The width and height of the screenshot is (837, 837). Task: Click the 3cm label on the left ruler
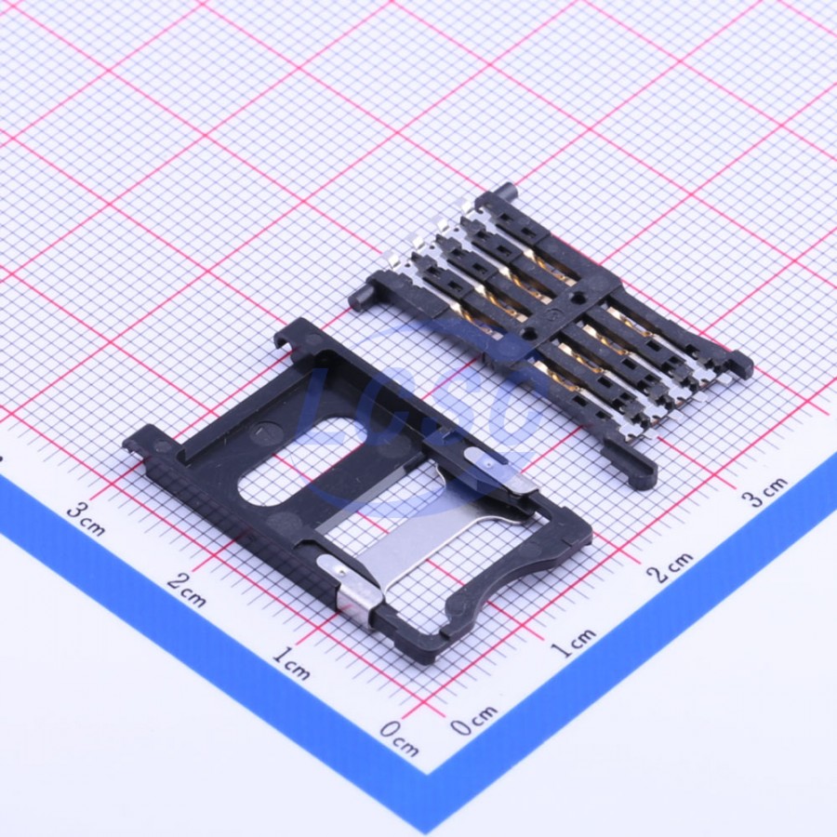[86, 519]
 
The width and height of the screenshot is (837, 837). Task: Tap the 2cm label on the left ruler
[186, 590]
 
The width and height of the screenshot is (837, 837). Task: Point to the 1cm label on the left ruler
[291, 663]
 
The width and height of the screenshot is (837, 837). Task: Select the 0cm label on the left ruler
[399, 738]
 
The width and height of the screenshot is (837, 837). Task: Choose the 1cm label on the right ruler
[573, 643]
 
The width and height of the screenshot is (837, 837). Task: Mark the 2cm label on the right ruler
[671, 566]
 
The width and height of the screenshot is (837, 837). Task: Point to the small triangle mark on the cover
[260, 431]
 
